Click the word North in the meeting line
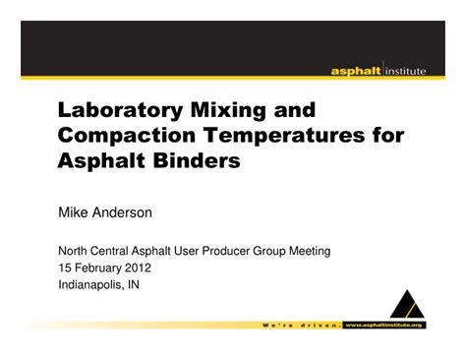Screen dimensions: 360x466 point(76,252)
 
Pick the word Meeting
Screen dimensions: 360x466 point(306,252)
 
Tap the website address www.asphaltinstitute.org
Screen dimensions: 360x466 point(383,324)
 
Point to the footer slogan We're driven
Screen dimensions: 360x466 point(300,324)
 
